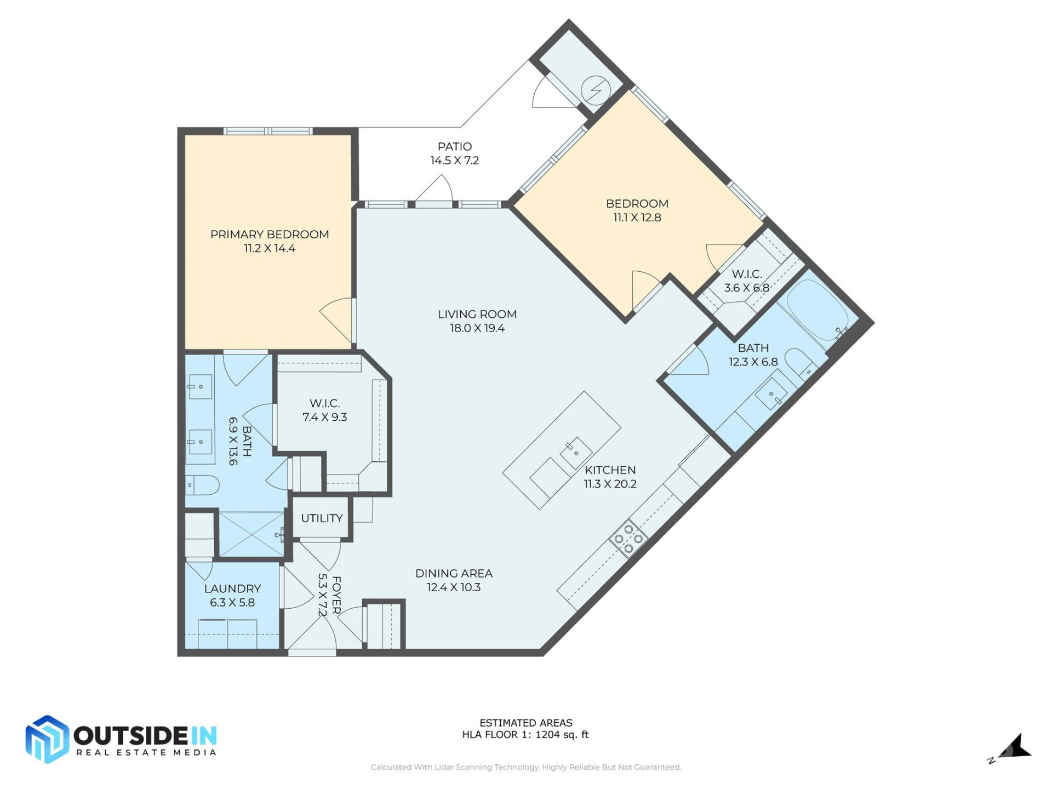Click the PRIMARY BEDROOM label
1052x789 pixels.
pyautogui.click(x=270, y=235)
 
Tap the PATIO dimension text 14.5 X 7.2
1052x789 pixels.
pyautogui.click(x=454, y=161)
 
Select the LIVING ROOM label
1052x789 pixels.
pyautogui.click(x=477, y=315)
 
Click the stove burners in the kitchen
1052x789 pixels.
pyautogui.click(x=628, y=539)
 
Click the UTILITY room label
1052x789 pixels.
pyautogui.click(x=322, y=518)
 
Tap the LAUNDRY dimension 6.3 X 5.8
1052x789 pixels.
pyautogui.click(x=232, y=603)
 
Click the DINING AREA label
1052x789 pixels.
pyautogui.click(x=454, y=574)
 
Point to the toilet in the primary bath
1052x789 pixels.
pyautogui.click(x=203, y=485)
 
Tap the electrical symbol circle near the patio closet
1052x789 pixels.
pyautogui.click(x=596, y=90)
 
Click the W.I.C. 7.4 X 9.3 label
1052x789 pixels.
pyautogui.click(x=324, y=410)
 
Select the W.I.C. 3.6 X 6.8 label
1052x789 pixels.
pyautogui.click(x=746, y=281)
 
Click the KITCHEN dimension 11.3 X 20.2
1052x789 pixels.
pyautogui.click(x=610, y=484)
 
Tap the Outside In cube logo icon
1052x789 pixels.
pyautogui.click(x=47, y=739)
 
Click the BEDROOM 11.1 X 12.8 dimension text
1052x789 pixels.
pyautogui.click(x=637, y=218)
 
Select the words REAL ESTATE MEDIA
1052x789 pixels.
pyautogui.click(x=146, y=753)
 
